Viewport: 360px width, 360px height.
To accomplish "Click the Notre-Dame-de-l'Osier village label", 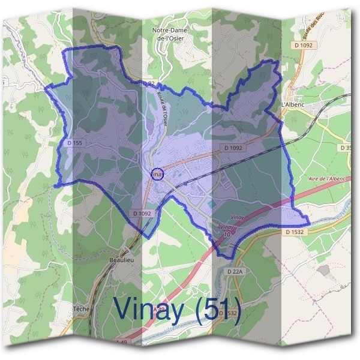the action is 170,34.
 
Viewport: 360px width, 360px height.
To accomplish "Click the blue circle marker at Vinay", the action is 157,174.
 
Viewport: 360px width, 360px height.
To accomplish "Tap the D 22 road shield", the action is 148,83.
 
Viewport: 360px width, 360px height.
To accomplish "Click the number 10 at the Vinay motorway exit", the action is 226,235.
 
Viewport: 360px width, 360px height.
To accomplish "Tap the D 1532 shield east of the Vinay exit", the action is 295,232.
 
